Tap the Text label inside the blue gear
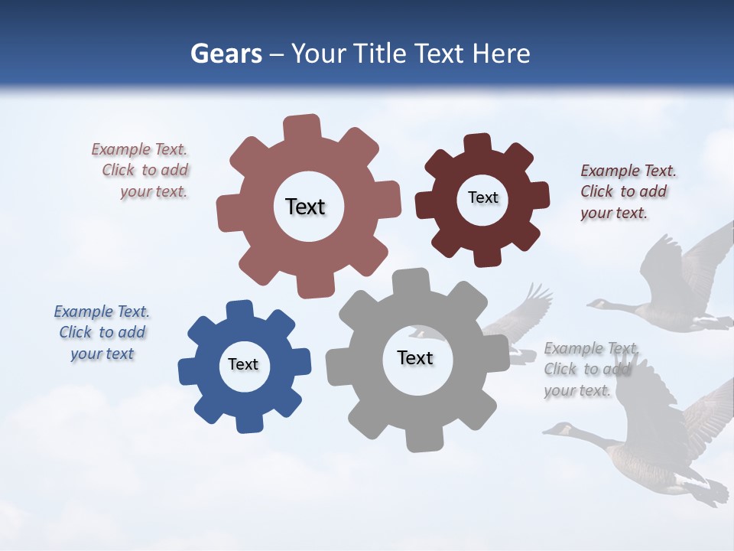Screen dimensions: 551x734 point(243,365)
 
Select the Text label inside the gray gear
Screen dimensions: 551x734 point(415,358)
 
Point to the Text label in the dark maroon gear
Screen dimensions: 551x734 point(482,197)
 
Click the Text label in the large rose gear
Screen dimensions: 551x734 point(305,207)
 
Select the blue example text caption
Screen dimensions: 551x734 point(102,333)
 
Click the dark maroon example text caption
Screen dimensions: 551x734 point(628,192)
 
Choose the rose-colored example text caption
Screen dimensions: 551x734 point(141,171)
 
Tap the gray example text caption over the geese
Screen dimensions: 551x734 point(589,370)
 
